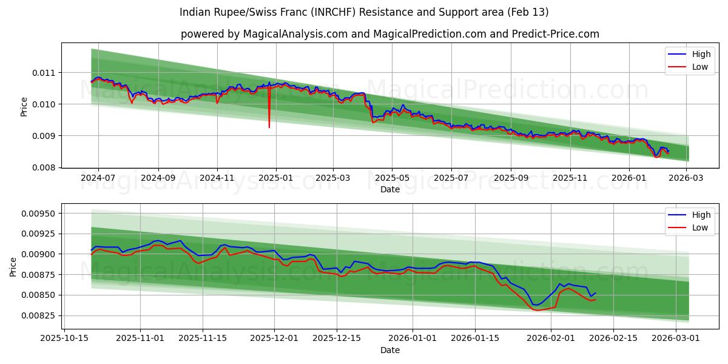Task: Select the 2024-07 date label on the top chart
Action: (98, 178)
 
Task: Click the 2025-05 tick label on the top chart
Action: (391, 178)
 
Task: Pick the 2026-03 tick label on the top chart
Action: (687, 178)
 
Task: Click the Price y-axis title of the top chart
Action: (24, 106)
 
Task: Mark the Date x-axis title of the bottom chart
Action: (390, 350)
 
